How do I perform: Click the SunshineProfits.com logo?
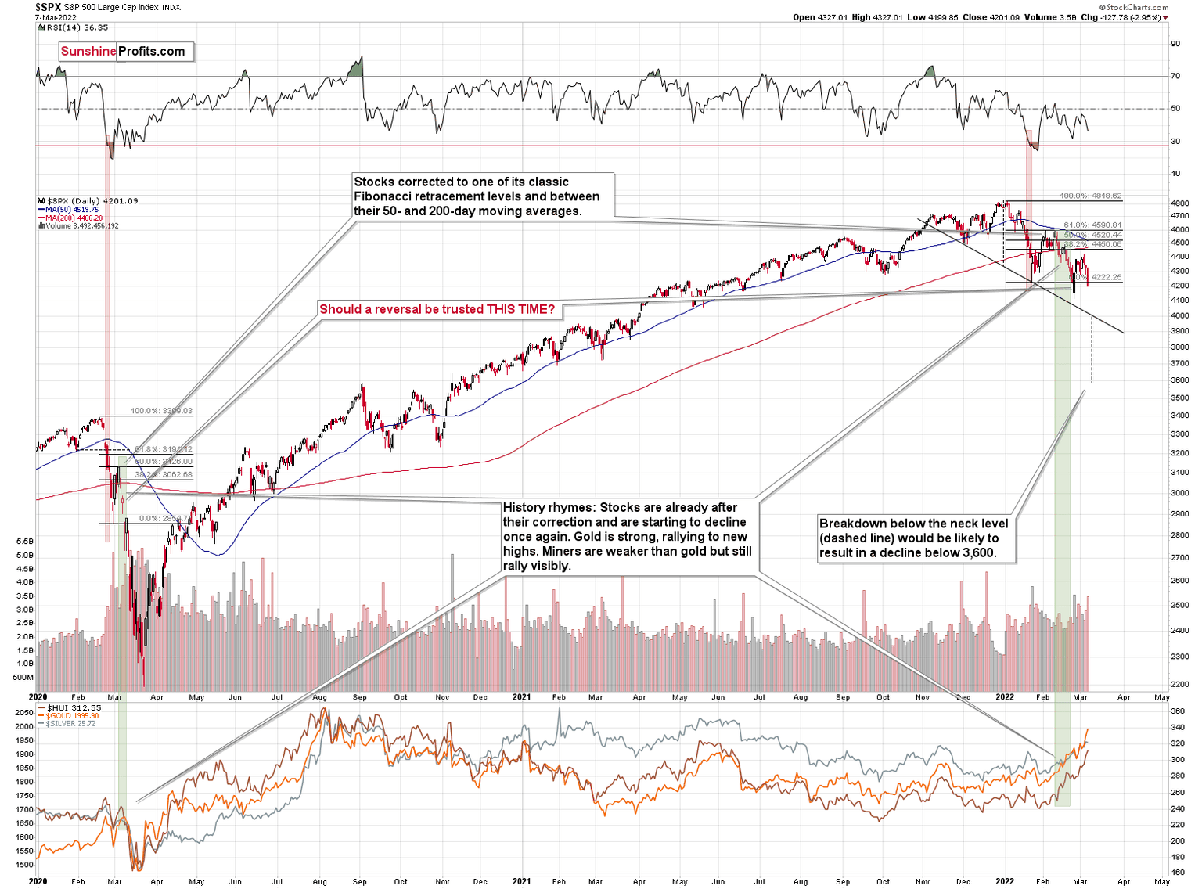123,52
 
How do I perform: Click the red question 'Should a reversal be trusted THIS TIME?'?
437,309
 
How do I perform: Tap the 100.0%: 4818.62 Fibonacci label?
1090,196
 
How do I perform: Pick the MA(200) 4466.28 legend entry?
74,218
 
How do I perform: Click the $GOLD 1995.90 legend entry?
72,716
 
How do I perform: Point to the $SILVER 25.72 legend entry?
70,724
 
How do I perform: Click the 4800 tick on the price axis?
1180,203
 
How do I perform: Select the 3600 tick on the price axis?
1180,380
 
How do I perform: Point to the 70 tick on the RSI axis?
1175,76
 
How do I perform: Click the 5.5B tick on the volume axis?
24,542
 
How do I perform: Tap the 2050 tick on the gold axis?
24,713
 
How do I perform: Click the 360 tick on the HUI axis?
1177,711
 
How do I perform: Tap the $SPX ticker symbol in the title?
49,7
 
